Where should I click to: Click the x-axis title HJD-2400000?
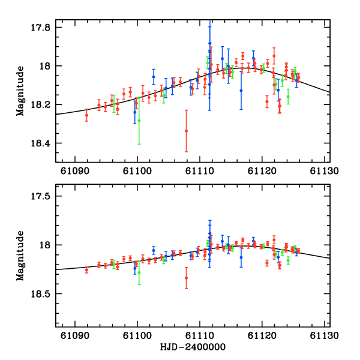click(193, 347)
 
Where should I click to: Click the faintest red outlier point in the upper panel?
click(186, 131)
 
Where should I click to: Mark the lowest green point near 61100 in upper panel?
click(139, 121)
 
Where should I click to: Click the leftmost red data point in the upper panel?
click(86, 115)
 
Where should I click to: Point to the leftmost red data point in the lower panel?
click(86, 270)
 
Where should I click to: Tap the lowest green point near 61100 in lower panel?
click(139, 272)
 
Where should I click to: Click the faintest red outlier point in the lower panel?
click(186, 277)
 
